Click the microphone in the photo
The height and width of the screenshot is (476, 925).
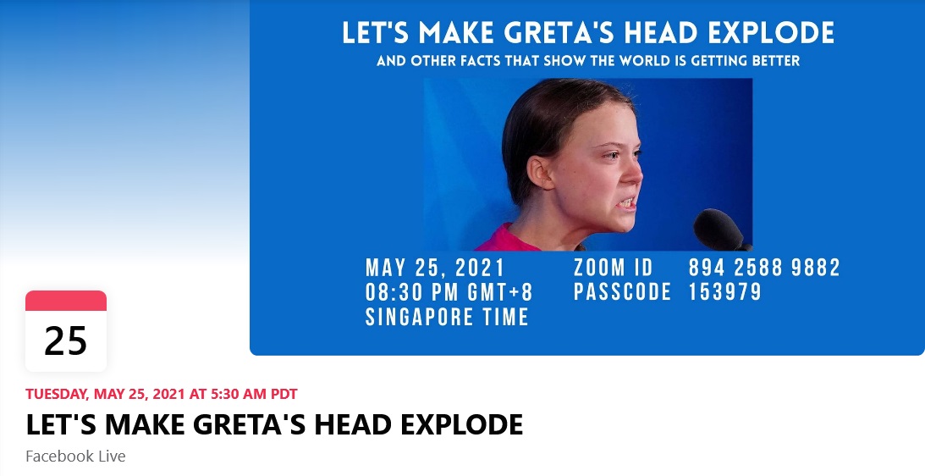[719, 230]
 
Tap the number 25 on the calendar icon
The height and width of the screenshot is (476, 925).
[65, 341]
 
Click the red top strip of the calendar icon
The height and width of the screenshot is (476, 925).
[66, 301]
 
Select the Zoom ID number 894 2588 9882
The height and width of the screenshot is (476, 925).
[764, 268]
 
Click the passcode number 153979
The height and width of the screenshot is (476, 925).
[725, 291]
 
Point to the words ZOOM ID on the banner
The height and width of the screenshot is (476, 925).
[613, 268]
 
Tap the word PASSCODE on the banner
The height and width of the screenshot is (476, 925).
[622, 291]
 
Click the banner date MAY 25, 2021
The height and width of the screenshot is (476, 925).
[435, 268]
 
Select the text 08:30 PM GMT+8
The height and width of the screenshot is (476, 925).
[449, 291]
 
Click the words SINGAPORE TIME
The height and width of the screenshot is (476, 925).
[447, 317]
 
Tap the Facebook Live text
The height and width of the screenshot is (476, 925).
[75, 456]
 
